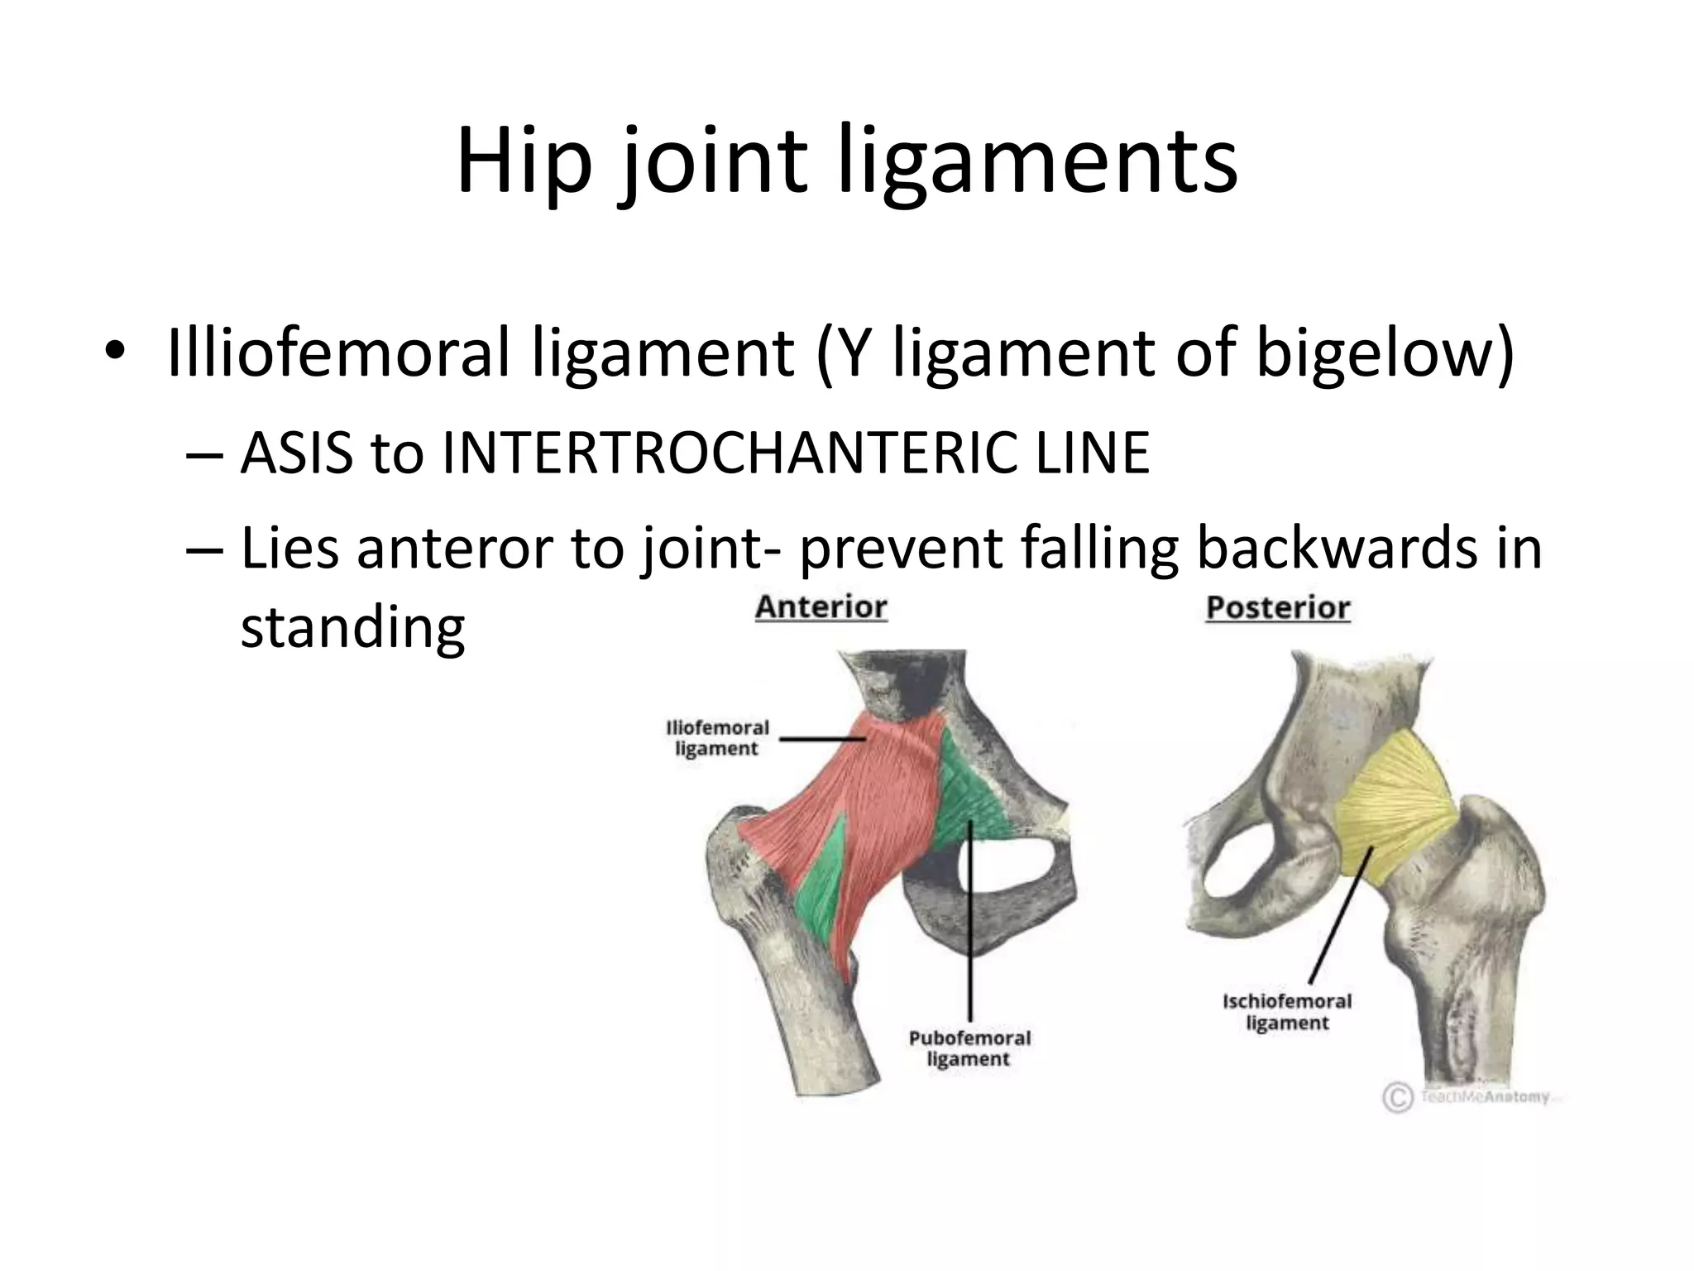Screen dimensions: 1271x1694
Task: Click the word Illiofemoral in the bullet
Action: [x=340, y=353]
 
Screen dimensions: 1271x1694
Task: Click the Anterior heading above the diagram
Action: [x=821, y=607]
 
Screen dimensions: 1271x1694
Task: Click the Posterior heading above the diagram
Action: [x=1277, y=608]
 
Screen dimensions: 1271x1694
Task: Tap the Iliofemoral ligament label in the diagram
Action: [x=717, y=738]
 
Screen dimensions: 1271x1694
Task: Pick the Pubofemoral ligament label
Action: [x=969, y=1048]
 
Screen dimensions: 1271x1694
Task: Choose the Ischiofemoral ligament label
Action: [x=1286, y=1012]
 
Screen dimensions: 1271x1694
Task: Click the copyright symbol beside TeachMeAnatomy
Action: [x=1397, y=1098]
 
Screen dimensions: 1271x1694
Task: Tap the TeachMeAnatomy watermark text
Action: [x=1485, y=1097]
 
